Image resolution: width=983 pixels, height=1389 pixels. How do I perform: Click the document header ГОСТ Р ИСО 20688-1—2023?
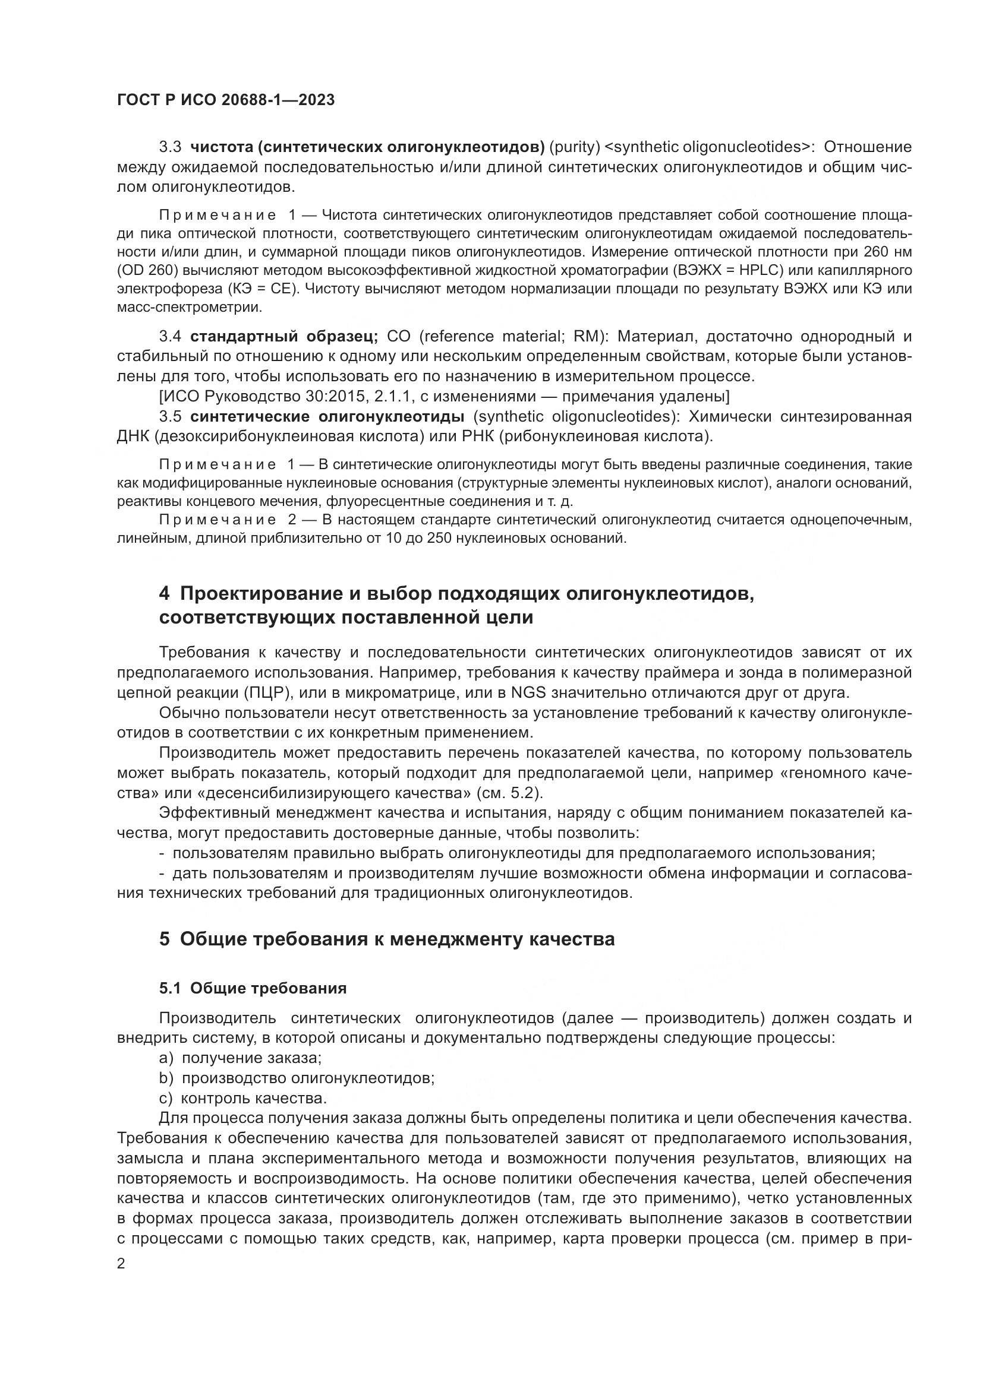pos(225,100)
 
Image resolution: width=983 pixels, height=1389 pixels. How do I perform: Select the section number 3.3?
pos(170,147)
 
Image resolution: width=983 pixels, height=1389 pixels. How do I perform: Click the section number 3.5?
pos(170,417)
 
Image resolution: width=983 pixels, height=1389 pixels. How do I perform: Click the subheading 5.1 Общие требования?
pos(253,989)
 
